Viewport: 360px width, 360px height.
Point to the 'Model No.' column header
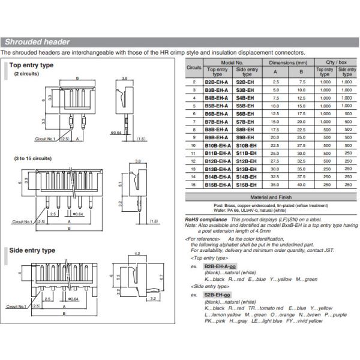coord(231,62)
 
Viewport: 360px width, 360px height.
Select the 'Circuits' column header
coord(194,68)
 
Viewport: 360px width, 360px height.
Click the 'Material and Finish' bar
coord(271,197)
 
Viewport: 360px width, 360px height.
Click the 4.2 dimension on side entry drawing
coord(138,254)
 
